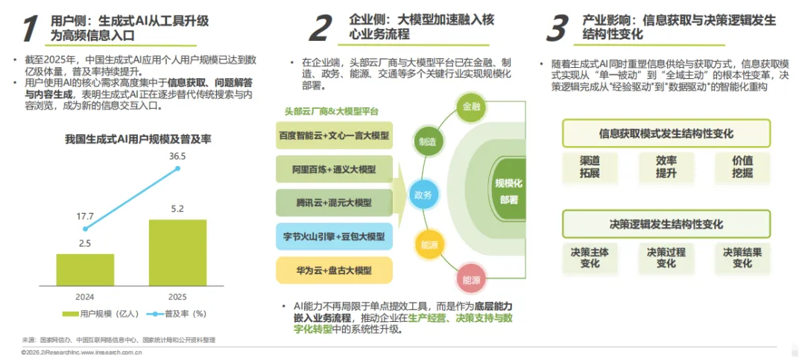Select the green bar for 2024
[85, 270]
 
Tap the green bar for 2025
[177, 253]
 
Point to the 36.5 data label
[177, 157]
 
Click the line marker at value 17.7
[86, 229]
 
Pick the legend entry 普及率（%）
[170, 314]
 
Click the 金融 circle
[472, 107]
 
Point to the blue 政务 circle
[422, 194]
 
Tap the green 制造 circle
[427, 141]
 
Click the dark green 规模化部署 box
[509, 190]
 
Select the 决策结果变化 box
[742, 258]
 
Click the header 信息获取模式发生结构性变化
[666, 134]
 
